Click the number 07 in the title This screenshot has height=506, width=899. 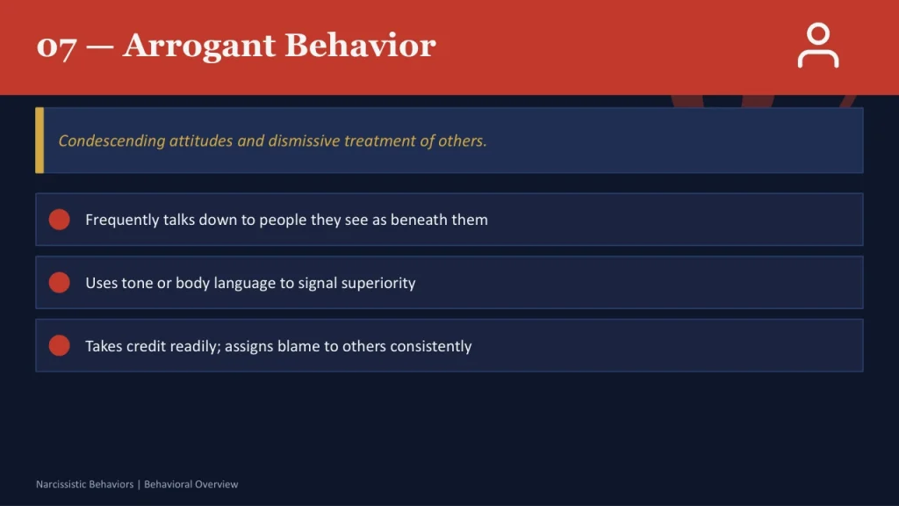click(56, 46)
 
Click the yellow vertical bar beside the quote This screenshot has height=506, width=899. click(40, 141)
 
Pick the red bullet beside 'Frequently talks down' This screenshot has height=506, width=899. click(59, 220)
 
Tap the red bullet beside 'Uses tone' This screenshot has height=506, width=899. click(59, 283)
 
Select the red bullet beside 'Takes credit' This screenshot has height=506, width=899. click(59, 346)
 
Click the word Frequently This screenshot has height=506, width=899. click(122, 220)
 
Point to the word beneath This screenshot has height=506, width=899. click(419, 220)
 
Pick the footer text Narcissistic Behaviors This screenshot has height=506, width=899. click(84, 484)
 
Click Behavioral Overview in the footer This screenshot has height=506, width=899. click(191, 484)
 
